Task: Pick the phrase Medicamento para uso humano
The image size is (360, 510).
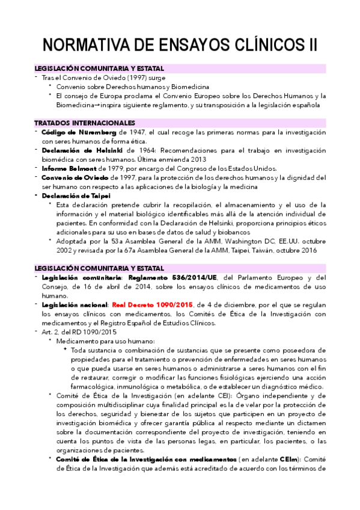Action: [106, 341]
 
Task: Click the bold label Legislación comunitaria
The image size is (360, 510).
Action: [78, 278]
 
